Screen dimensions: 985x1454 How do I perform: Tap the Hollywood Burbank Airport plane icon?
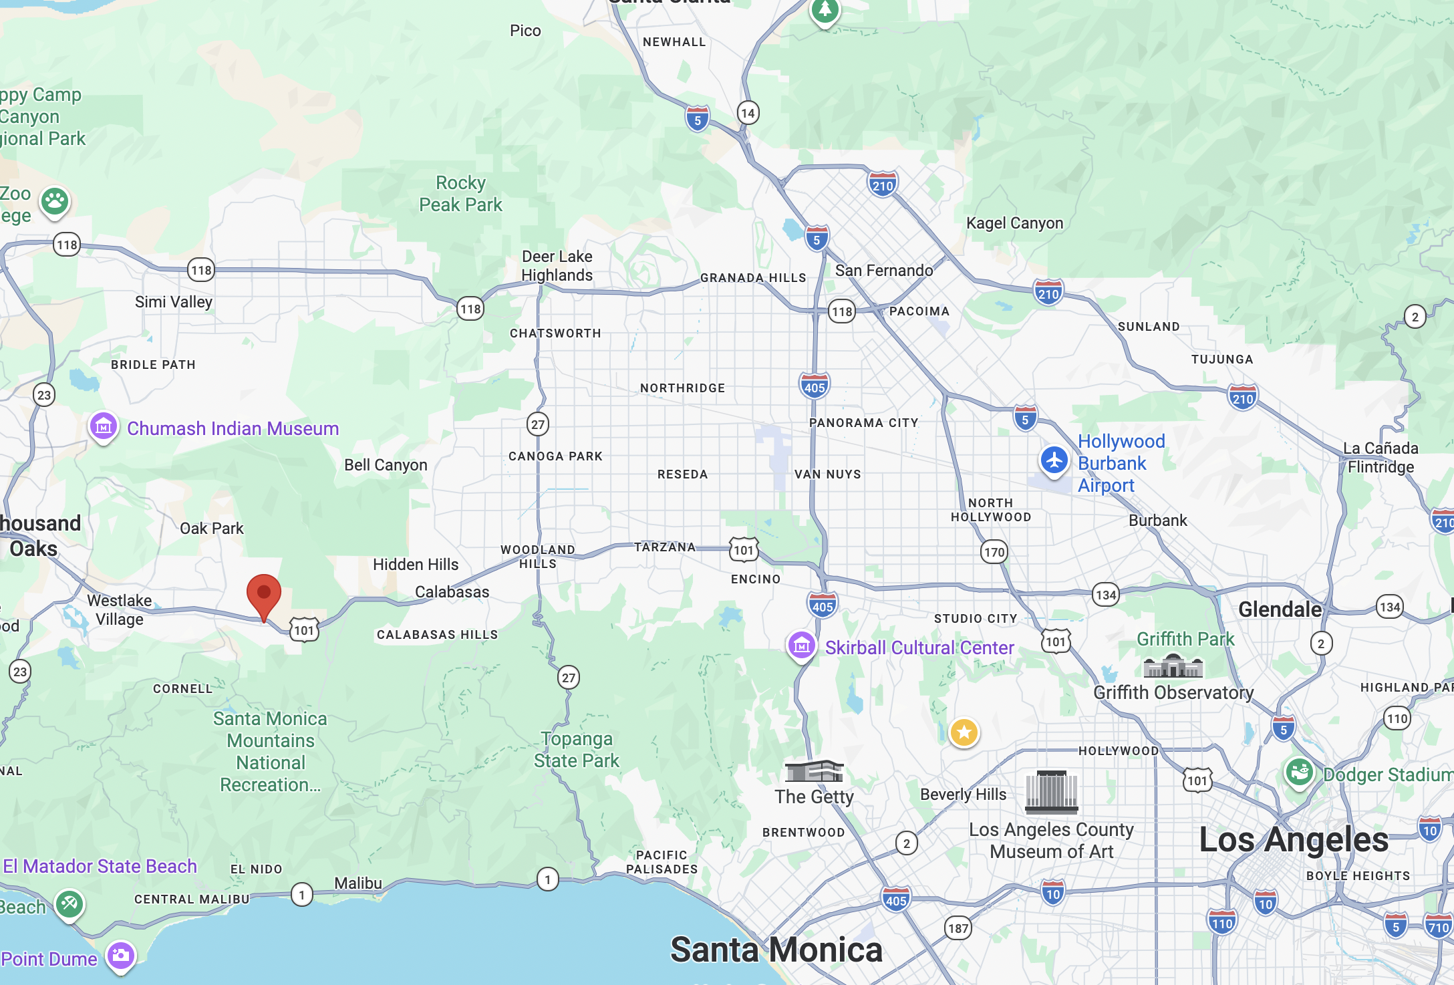tap(1054, 461)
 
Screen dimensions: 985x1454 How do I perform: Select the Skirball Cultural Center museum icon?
tap(802, 646)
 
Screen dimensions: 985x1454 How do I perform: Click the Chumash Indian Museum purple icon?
tap(104, 426)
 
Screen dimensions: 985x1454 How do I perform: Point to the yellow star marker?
tap(964, 732)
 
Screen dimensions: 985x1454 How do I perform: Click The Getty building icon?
tap(814, 771)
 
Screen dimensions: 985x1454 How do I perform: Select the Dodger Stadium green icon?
tap(1299, 773)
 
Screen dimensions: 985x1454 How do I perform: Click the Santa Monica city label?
tap(776, 950)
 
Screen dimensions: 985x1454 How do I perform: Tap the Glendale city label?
tap(1280, 609)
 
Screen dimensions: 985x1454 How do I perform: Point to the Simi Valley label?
tap(174, 302)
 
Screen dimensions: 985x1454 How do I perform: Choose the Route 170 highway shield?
tap(994, 552)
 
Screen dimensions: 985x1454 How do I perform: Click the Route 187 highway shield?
tap(958, 928)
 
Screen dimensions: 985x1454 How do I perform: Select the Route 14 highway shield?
tap(748, 113)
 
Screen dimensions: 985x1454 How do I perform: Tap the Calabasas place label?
tap(452, 592)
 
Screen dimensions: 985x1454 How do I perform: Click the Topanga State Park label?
tap(577, 750)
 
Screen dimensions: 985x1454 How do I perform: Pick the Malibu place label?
tap(358, 883)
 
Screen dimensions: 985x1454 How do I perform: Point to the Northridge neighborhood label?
tap(682, 388)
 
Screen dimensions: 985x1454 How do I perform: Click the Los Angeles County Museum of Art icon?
tap(1051, 791)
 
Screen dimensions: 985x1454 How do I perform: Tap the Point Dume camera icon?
tap(121, 956)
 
